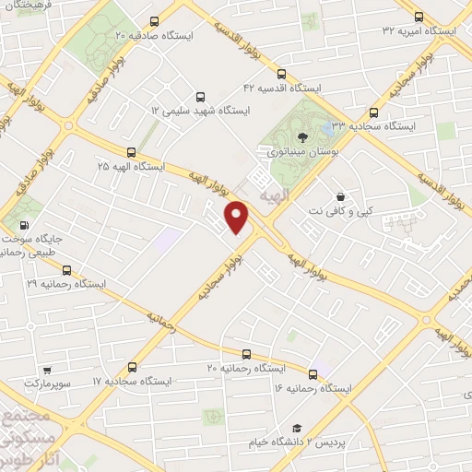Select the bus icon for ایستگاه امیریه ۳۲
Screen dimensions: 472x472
click(x=419, y=17)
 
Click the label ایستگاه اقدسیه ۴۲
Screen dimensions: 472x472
click(x=280, y=87)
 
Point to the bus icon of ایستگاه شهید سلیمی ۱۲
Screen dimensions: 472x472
click(x=200, y=96)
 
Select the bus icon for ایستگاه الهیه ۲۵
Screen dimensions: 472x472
click(x=131, y=153)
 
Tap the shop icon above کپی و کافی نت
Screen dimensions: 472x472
click(x=341, y=196)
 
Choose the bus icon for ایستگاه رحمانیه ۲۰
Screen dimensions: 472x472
click(x=245, y=354)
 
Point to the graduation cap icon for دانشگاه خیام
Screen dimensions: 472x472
click(x=297, y=429)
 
